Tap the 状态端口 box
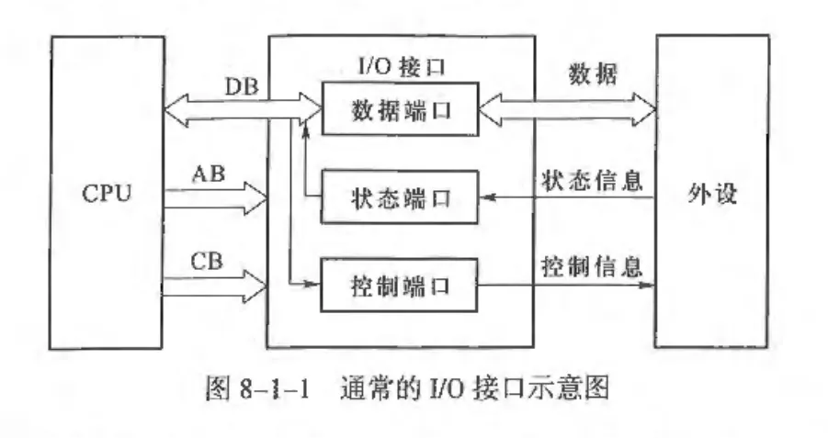400,197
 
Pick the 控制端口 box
400,285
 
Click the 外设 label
712,196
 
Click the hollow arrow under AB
214,197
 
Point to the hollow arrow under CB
214,286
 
